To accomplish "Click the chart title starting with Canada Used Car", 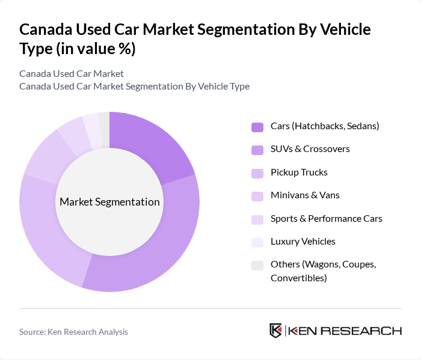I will pos(195,38).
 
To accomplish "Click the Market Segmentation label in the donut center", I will pos(109,202).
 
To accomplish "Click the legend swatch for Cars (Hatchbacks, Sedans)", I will pos(257,127).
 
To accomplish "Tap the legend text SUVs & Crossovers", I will pos(310,148).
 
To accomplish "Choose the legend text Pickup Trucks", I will pos(299,172).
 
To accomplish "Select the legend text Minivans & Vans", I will pos(305,195).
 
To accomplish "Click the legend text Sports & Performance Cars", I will pos(326,218).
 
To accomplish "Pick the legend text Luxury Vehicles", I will pos(303,242).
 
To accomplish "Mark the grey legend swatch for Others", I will pos(257,265).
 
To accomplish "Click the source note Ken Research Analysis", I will pos(73,332).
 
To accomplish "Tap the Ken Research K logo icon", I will pos(275,331).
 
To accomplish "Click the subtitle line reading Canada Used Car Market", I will pos(72,73).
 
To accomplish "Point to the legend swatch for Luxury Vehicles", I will pos(257,242).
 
